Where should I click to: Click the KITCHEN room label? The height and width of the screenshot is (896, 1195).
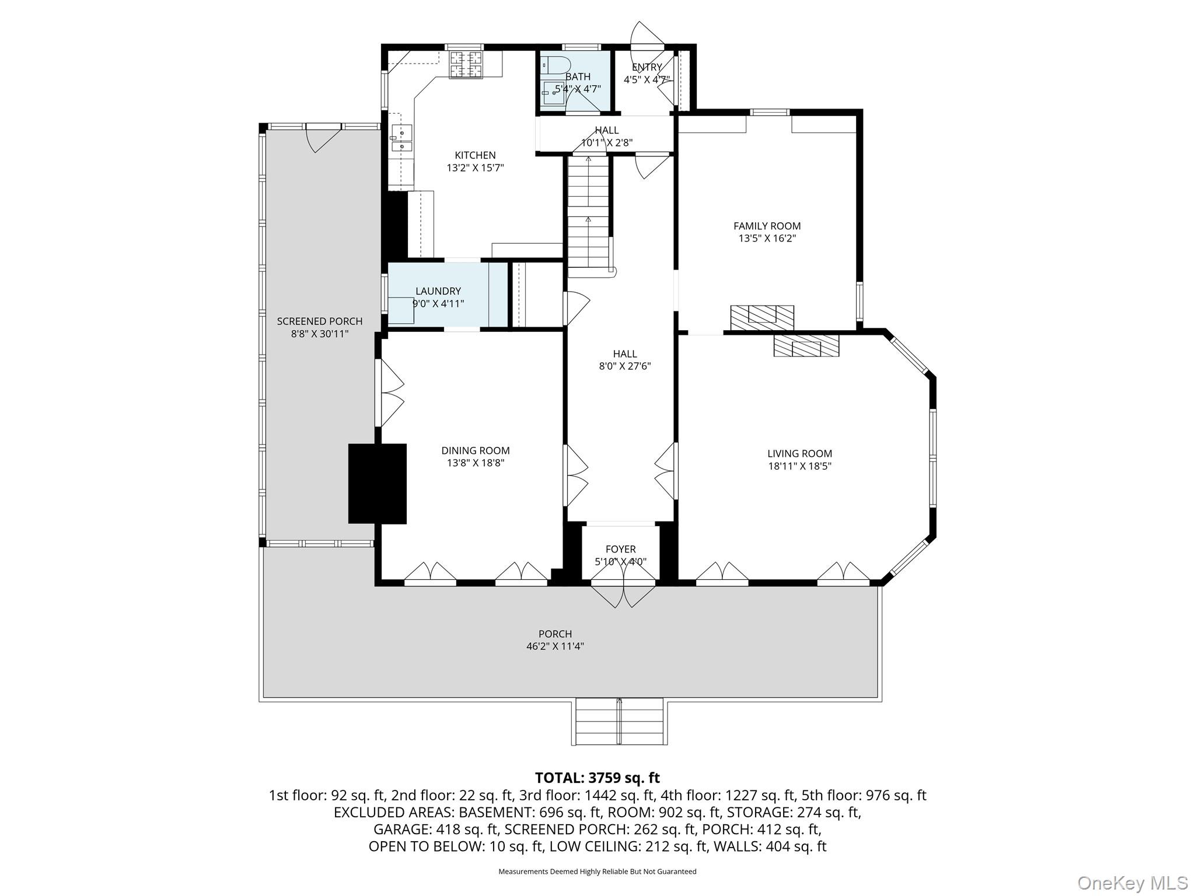[x=475, y=155]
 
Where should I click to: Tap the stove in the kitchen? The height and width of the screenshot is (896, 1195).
[x=465, y=64]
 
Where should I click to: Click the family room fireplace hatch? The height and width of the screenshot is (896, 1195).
[x=762, y=316]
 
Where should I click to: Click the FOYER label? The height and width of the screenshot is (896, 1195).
[x=620, y=549]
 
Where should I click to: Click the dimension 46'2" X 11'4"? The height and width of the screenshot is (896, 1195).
[x=555, y=646]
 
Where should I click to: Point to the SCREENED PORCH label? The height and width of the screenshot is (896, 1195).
[x=319, y=321]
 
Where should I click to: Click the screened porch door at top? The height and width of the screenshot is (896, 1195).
[x=323, y=138]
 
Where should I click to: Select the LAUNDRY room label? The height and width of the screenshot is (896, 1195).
[x=438, y=291]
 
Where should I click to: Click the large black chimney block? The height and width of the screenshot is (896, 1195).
[x=377, y=484]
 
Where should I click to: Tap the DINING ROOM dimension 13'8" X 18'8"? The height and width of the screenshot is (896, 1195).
[x=475, y=463]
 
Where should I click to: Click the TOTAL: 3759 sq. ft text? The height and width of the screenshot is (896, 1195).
[x=597, y=778]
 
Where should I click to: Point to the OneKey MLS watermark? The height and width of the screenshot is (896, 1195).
[x=1132, y=883]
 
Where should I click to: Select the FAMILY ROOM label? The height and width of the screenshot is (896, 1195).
[x=767, y=226]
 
